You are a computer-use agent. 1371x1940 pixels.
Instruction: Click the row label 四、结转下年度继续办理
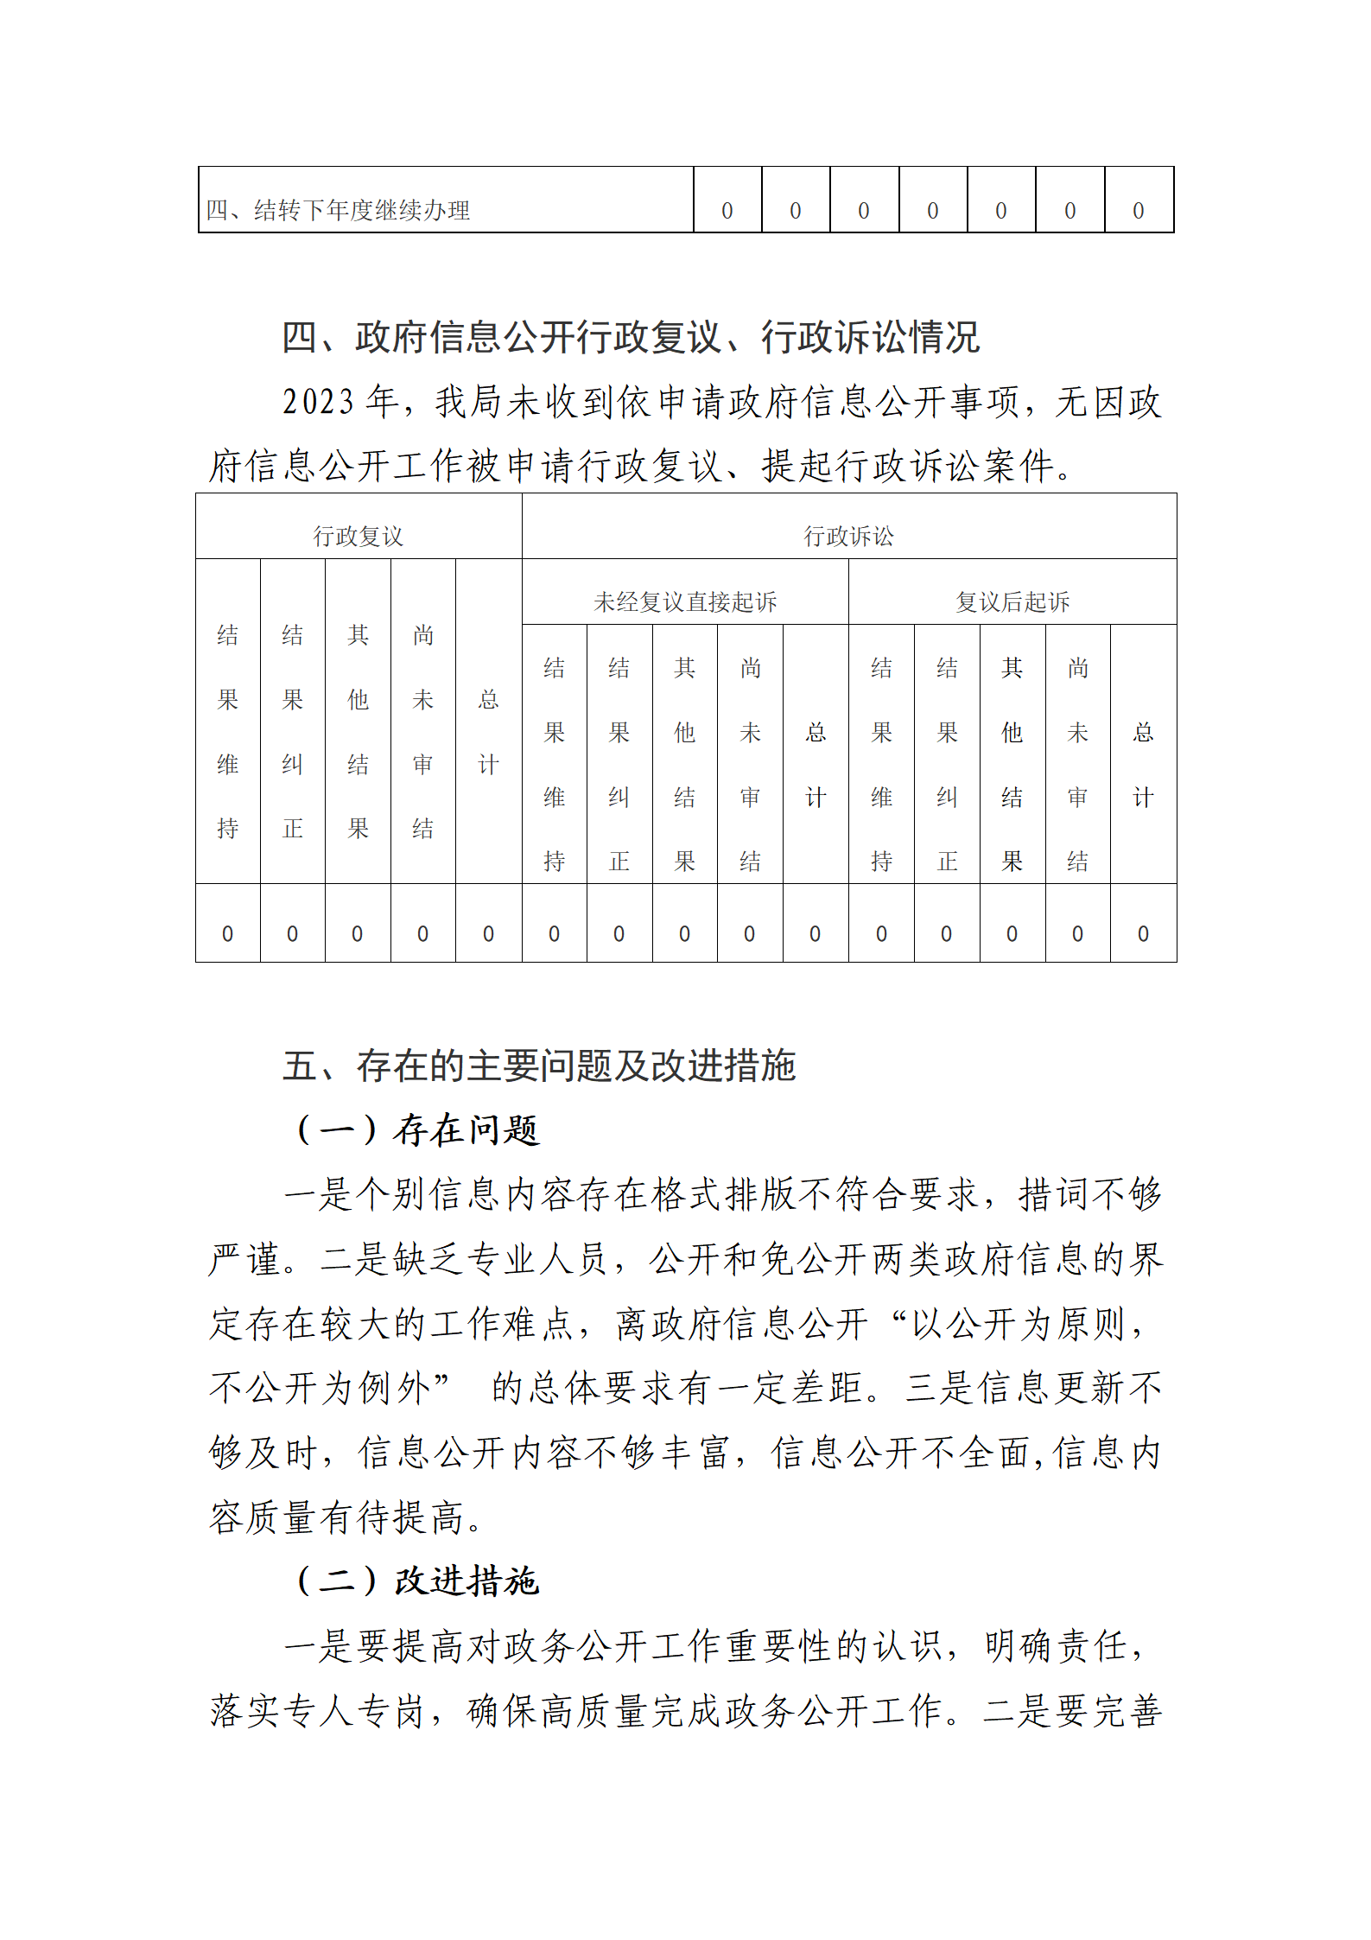point(338,210)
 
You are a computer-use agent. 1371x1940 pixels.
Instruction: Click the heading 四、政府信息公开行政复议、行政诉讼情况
point(631,337)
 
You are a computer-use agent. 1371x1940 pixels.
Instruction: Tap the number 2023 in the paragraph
point(318,403)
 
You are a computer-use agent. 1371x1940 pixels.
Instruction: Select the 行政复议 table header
point(358,537)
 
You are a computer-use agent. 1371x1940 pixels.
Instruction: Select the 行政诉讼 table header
point(848,537)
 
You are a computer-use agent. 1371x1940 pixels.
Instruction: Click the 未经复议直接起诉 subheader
point(685,601)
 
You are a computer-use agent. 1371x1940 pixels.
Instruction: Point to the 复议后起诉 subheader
point(1012,601)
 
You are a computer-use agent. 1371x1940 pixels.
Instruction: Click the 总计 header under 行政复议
point(488,731)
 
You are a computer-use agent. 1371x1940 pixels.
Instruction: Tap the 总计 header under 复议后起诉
point(1143,764)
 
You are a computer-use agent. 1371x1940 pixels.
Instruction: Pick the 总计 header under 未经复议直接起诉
point(816,764)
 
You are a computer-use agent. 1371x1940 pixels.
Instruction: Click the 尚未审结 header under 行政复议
point(422,731)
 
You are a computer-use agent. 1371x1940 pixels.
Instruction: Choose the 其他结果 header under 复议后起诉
point(1012,764)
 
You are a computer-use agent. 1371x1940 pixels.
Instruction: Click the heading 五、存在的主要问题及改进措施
point(538,1065)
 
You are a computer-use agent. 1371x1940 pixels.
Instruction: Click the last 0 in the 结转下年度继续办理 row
point(1138,211)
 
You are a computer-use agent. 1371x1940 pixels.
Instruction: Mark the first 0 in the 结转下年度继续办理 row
point(727,211)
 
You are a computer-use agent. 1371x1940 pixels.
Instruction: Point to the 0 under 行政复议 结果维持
point(227,933)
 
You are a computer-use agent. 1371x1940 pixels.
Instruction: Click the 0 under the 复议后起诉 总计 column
point(1143,933)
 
